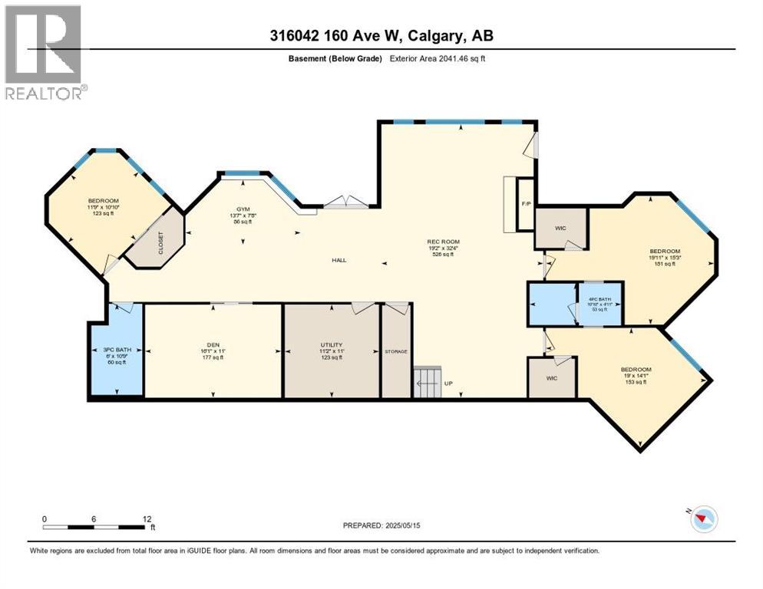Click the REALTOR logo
tap(45, 52)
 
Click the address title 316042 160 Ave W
tap(381, 35)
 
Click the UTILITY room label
tap(332, 346)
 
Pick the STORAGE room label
tap(395, 351)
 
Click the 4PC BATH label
tap(599, 299)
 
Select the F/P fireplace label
tap(525, 204)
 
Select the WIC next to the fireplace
tap(561, 227)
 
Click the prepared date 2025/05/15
tap(384, 525)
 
